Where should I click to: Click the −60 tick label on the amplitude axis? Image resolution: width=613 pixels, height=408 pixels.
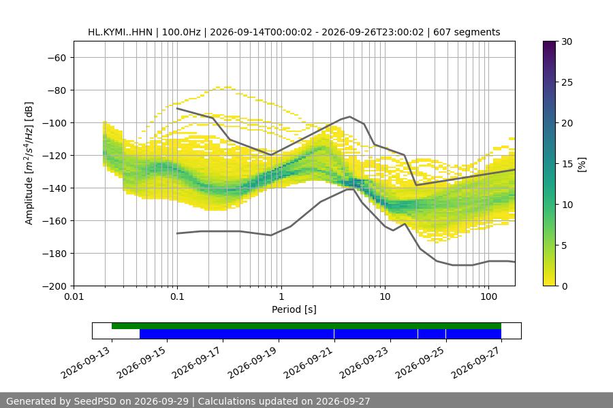57,58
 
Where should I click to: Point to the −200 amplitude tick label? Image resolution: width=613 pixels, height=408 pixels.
54,286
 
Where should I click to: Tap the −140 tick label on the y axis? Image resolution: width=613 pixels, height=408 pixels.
54,188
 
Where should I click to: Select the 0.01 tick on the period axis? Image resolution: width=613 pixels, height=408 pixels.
74,296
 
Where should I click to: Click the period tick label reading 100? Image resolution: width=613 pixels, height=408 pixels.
488,296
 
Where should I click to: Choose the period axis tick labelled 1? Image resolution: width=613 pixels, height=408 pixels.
281,296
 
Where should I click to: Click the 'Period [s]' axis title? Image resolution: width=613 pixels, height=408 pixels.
294,309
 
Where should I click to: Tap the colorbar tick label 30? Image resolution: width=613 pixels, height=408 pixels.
567,41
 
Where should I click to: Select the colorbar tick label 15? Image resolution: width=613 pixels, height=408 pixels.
567,164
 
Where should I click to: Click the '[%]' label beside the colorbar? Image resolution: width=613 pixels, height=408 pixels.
582,165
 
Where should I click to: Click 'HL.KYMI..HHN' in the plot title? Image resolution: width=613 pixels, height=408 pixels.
120,32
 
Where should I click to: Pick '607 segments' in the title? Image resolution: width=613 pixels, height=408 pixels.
467,32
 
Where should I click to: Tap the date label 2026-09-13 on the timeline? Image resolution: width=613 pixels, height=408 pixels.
86,362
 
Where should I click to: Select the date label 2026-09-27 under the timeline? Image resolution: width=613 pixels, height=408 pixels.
476,362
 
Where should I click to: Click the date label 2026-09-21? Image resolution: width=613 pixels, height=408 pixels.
309,362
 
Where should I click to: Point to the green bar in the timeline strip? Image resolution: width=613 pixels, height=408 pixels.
306,326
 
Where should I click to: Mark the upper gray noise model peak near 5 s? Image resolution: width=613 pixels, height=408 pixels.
349,116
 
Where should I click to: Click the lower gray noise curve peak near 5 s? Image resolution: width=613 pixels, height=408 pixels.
351,189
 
